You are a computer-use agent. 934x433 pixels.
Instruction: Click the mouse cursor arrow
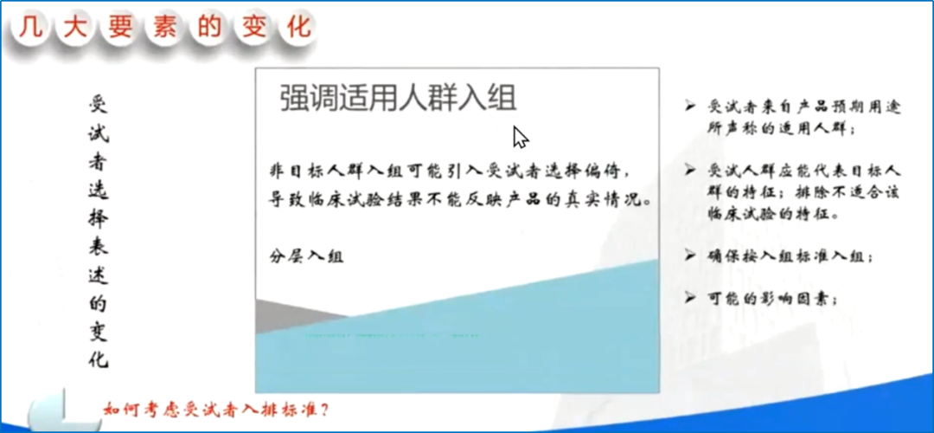click(x=520, y=137)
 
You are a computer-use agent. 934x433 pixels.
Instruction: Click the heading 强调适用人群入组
click(x=398, y=99)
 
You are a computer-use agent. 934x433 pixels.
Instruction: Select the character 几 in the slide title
click(x=31, y=28)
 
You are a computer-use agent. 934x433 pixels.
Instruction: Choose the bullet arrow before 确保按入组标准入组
click(x=690, y=255)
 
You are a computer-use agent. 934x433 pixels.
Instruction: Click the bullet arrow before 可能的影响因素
click(x=690, y=298)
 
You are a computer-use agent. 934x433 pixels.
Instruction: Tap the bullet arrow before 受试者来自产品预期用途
click(x=690, y=107)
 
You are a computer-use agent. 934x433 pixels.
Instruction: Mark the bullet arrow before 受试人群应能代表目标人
click(x=690, y=171)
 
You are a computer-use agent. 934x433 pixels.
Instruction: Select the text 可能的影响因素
click(x=772, y=299)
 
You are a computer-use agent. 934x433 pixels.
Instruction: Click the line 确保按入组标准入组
click(x=790, y=256)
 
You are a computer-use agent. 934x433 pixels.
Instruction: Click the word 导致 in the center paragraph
click(x=287, y=200)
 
